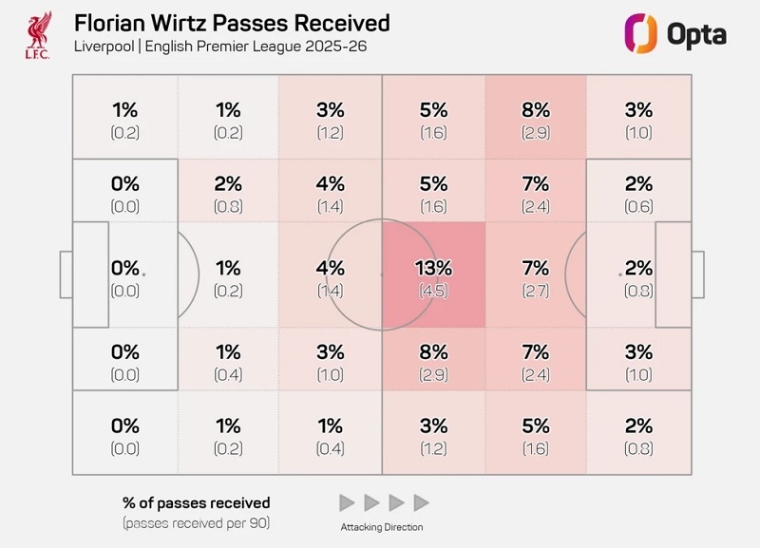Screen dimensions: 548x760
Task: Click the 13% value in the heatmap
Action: click(433, 269)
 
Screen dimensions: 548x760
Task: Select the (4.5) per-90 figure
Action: click(433, 291)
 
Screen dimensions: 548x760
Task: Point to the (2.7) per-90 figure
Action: click(535, 291)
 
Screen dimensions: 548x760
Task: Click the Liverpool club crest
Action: click(39, 32)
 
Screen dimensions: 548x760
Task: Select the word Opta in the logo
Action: click(696, 34)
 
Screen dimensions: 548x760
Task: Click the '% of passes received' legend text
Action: click(196, 503)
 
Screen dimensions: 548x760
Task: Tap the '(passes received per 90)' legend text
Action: click(196, 522)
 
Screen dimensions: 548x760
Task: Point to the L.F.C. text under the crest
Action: click(39, 55)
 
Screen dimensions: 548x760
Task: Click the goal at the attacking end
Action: click(697, 274)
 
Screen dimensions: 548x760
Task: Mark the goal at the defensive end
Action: click(66, 274)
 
